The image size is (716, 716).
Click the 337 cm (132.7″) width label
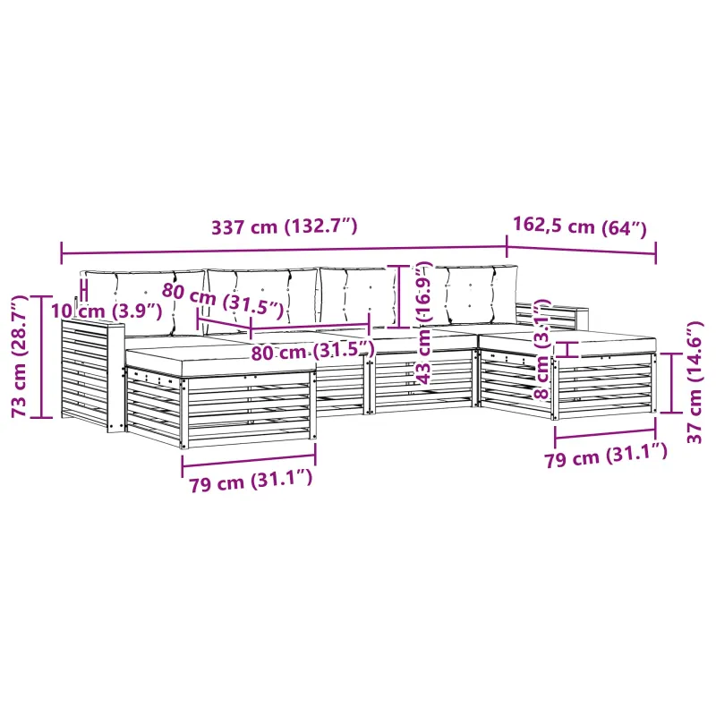pos(284,226)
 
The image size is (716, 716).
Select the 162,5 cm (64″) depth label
pos(580,226)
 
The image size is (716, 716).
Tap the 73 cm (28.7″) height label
pos(19,356)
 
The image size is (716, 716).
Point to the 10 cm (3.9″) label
pos(107,311)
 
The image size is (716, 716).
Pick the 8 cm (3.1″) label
pos(542,349)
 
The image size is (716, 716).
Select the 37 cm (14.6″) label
pos(695,382)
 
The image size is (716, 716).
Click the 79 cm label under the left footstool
pos(251,481)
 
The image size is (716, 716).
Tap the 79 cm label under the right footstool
pos(606,456)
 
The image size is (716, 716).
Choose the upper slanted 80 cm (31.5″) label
pos(223,300)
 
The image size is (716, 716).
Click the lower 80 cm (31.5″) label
pos(312,351)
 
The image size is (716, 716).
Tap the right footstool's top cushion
pos(567,342)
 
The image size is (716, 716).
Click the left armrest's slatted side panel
pos(84,373)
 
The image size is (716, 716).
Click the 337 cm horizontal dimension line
pos(284,251)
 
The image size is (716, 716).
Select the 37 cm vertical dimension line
pos(671,383)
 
